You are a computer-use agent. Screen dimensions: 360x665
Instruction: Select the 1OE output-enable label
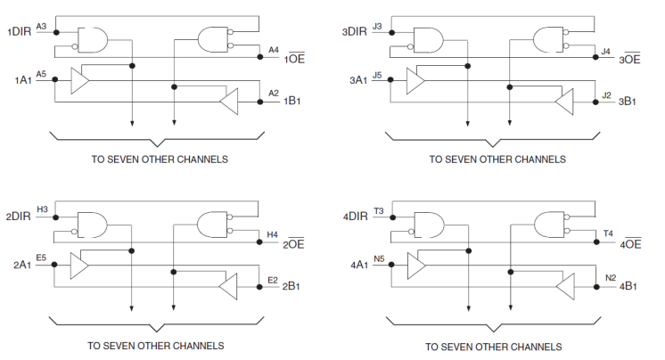pos(295,59)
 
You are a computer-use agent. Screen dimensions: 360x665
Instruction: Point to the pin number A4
pos(274,49)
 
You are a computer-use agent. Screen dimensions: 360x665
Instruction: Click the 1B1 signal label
pos(292,102)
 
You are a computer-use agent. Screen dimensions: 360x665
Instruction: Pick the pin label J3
pos(377,27)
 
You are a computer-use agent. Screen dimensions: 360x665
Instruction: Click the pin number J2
pos(606,94)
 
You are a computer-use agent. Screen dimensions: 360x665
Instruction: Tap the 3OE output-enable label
pos(630,60)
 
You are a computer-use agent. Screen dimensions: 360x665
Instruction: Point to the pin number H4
pos(273,233)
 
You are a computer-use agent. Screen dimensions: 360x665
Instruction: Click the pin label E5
pos(41,257)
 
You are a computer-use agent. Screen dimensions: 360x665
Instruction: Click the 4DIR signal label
pos(355,217)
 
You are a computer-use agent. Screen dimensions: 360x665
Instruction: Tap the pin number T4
pos(608,233)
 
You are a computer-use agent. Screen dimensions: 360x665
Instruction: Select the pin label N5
pos(379,258)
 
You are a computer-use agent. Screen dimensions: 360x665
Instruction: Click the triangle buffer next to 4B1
pos(563,287)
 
